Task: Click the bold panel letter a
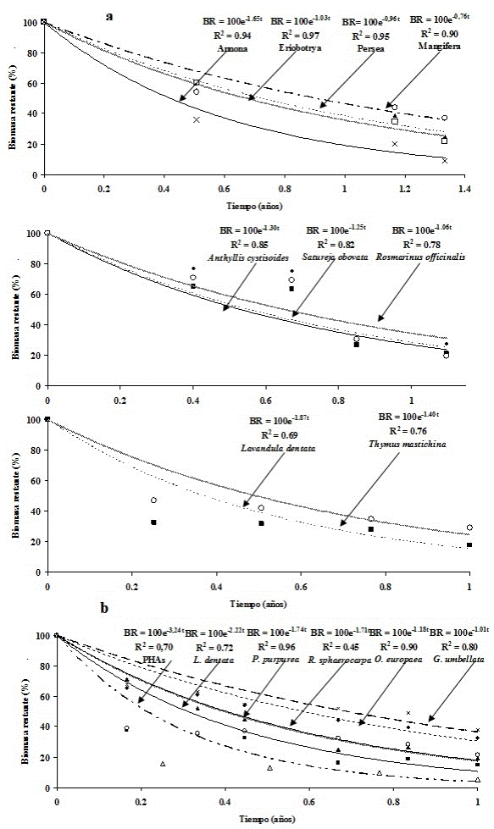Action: click(108, 16)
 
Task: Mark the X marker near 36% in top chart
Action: click(197, 120)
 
